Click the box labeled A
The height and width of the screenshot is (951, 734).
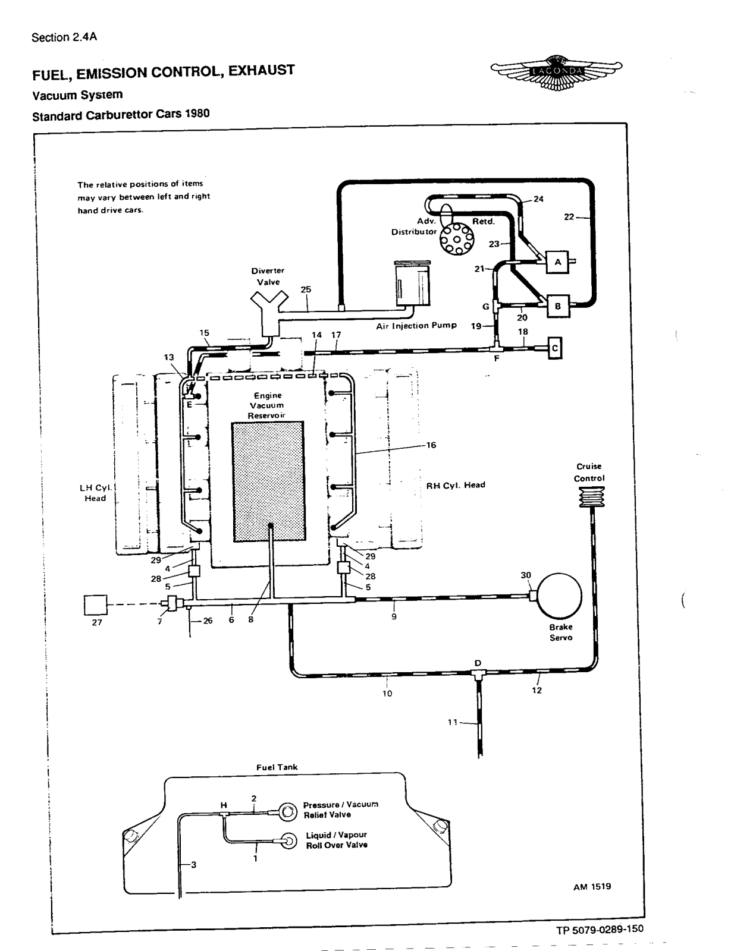coord(557,262)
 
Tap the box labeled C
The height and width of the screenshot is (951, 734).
coord(554,348)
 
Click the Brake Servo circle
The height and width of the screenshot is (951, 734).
coord(559,596)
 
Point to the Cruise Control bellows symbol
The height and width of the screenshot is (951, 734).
coord(590,497)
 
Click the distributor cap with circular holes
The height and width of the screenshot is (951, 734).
coord(456,239)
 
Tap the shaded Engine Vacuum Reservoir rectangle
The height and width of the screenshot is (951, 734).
coord(268,481)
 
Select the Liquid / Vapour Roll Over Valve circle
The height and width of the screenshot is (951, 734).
coord(288,840)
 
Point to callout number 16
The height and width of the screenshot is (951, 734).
coord(431,445)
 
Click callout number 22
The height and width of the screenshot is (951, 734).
coord(569,217)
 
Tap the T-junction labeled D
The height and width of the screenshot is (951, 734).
coord(478,673)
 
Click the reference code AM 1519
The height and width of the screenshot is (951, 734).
coord(592,887)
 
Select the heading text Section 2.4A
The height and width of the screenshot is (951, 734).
coord(64,37)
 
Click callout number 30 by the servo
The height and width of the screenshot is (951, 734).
coord(525,575)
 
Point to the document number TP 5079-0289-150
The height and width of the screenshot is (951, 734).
coord(600,929)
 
